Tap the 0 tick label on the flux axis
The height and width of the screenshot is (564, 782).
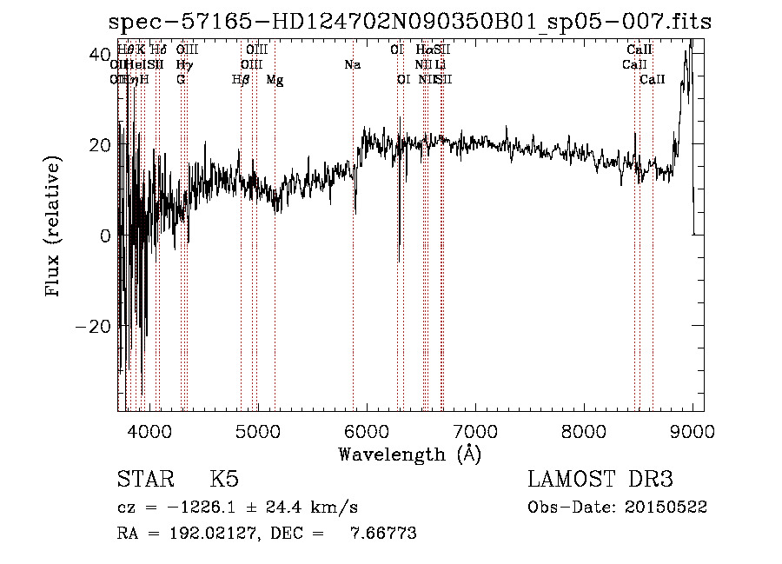pyautogui.click(x=103, y=236)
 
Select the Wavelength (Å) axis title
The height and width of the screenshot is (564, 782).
pyautogui.click(x=409, y=454)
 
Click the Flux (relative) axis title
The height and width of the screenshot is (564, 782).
pyautogui.click(x=54, y=227)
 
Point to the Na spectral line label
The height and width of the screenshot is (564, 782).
pyautogui.click(x=352, y=65)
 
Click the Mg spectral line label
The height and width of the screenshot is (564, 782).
pyautogui.click(x=275, y=80)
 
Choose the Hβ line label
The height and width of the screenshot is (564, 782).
pyautogui.click(x=241, y=80)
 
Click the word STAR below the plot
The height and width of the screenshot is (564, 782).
pyautogui.click(x=144, y=480)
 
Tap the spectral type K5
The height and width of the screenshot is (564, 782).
pyautogui.click(x=224, y=480)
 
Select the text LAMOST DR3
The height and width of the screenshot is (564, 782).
pyautogui.click(x=600, y=480)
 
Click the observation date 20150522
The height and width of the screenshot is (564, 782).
pyautogui.click(x=665, y=507)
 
